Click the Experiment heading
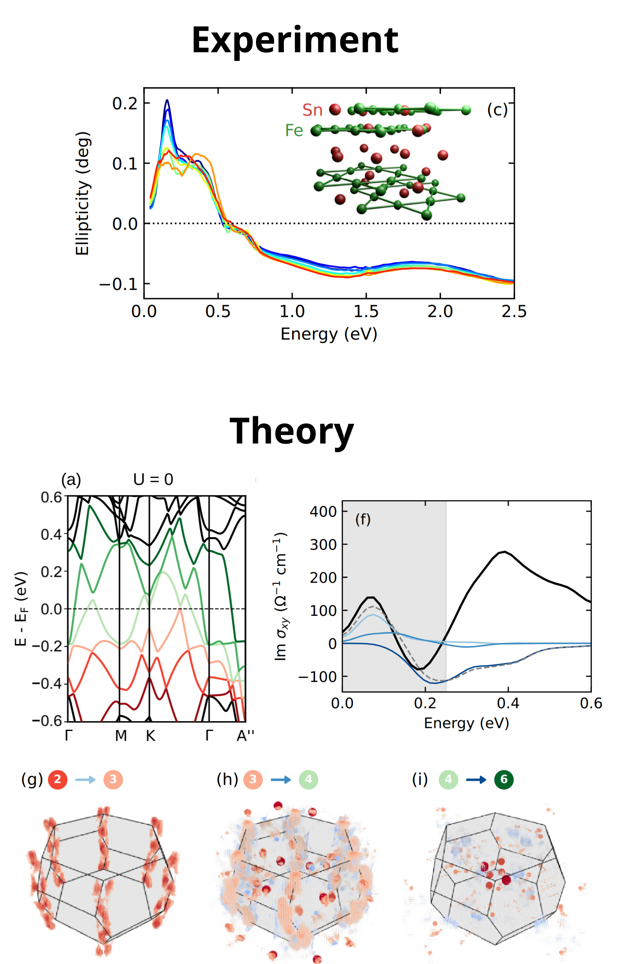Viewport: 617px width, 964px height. [x=295, y=40]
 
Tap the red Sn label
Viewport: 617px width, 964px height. [x=312, y=110]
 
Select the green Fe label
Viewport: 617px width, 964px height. [x=294, y=131]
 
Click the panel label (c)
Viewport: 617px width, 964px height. [x=497, y=110]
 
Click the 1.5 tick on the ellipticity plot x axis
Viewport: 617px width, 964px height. [x=366, y=312]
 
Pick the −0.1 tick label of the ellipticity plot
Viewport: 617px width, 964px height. [x=118, y=284]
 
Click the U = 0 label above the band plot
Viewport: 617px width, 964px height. [x=153, y=480]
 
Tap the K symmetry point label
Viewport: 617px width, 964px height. [x=150, y=736]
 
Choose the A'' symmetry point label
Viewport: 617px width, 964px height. [x=245, y=736]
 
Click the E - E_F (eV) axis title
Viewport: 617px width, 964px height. [x=21, y=609]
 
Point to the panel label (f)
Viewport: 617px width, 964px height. [x=362, y=520]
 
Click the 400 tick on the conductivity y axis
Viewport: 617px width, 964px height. [x=323, y=512]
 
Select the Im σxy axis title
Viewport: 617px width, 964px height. [x=280, y=597]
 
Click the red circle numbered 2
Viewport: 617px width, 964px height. [x=58, y=779]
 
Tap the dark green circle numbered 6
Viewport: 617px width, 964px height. [x=503, y=779]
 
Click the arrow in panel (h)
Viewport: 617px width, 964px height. [x=280, y=780]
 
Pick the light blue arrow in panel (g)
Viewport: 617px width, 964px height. [x=85, y=780]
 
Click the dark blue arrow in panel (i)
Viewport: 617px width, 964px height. [x=476, y=780]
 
